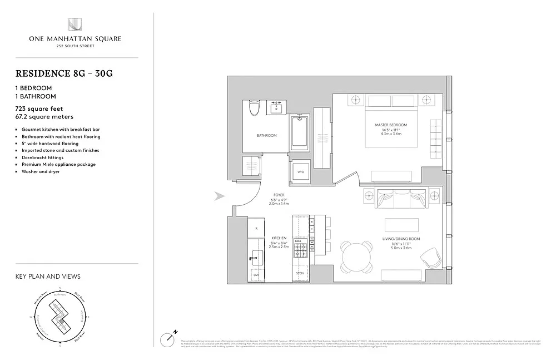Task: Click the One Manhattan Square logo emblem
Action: click(75, 25)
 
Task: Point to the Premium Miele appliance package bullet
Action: click(58, 165)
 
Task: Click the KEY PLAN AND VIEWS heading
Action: click(48, 277)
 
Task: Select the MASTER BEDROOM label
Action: click(391, 125)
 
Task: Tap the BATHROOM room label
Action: click(266, 135)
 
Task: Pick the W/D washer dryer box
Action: click(300, 172)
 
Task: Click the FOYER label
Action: click(279, 195)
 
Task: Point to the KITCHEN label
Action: click(279, 238)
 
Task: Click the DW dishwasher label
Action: click(256, 275)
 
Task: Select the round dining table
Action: click(356, 257)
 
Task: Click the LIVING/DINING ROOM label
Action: click(401, 238)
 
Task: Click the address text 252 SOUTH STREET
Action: click(75, 46)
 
